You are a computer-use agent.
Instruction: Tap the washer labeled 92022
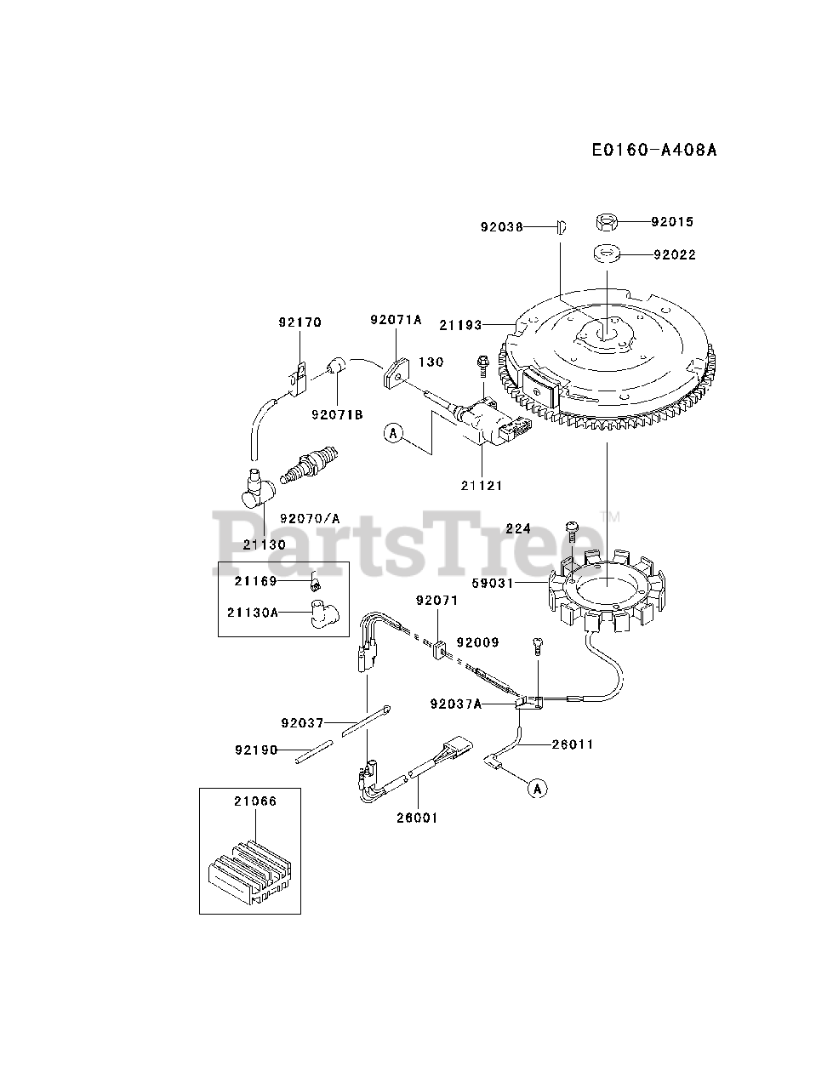[605, 253]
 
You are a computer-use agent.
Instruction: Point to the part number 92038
[502, 227]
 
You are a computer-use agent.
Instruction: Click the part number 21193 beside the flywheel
[460, 324]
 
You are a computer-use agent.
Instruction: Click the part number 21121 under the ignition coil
[482, 485]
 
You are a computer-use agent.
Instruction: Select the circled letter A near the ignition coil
[392, 433]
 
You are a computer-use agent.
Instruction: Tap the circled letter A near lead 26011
[536, 788]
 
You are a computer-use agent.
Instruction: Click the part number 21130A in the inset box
[253, 611]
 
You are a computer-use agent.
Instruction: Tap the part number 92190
[255, 750]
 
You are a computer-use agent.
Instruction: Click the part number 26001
[418, 818]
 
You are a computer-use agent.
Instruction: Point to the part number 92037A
[456, 704]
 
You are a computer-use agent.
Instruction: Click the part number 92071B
[337, 414]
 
